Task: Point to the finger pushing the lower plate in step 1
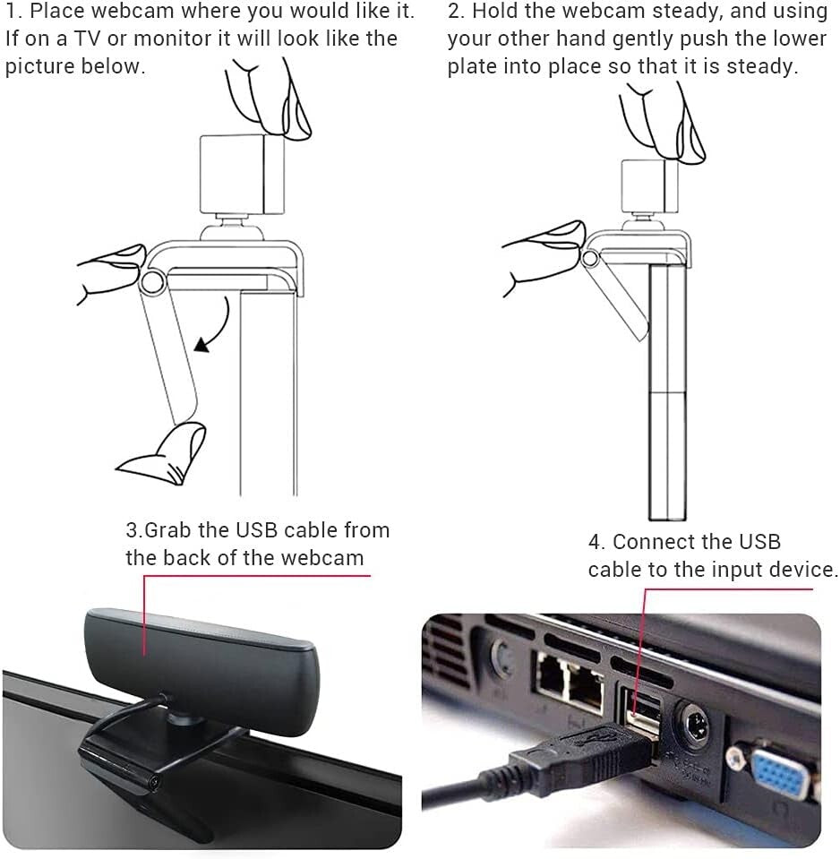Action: click(166, 452)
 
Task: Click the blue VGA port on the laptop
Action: click(778, 771)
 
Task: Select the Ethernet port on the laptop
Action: click(569, 682)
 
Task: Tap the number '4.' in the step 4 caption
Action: click(597, 542)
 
